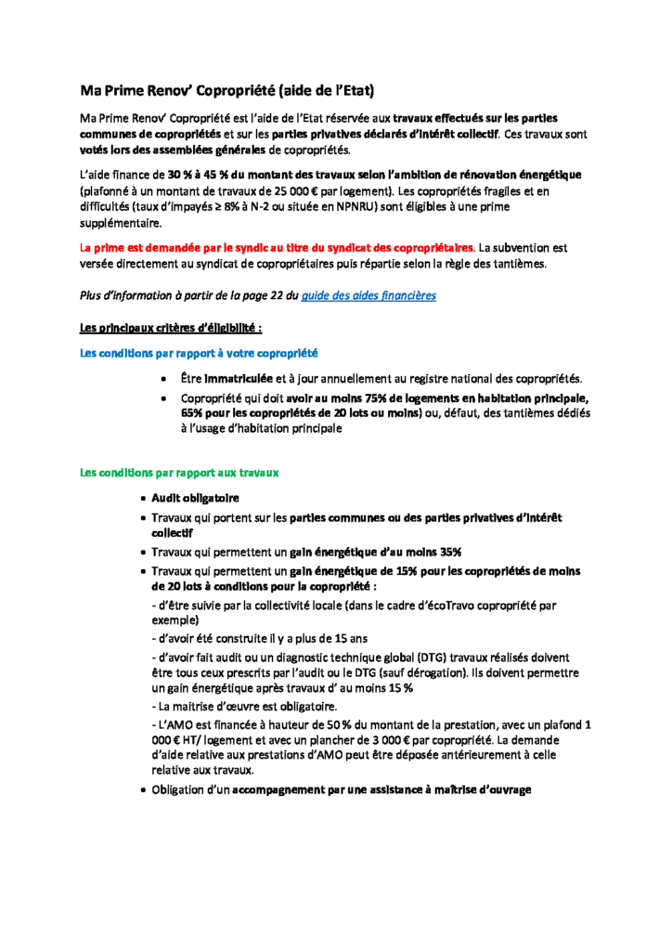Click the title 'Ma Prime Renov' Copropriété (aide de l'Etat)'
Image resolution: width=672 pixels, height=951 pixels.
(x=227, y=91)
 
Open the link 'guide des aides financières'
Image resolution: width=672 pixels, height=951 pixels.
(x=368, y=295)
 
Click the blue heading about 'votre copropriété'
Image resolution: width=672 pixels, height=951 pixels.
(x=199, y=353)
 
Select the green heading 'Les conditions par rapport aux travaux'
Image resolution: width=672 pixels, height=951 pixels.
(x=179, y=473)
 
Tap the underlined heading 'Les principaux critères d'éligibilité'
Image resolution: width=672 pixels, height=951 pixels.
(x=171, y=327)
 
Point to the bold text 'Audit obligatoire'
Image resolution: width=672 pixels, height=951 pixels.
(x=195, y=499)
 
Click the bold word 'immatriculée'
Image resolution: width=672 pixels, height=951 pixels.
(x=239, y=379)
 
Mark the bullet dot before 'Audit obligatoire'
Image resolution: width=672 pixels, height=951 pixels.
(x=142, y=499)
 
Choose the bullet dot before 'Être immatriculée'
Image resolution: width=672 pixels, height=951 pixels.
(x=163, y=379)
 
